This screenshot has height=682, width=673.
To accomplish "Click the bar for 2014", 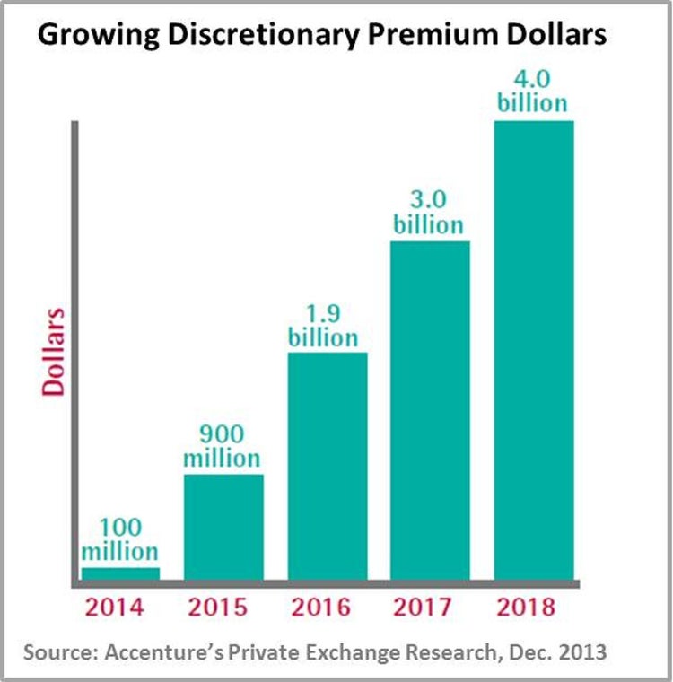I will tap(120, 573).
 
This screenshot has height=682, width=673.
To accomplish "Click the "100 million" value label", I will tap(120, 539).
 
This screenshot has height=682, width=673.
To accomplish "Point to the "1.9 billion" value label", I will tap(323, 326).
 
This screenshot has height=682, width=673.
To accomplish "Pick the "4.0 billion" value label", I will tap(533, 91).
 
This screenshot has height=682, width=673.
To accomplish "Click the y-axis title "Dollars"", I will tap(57, 352).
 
